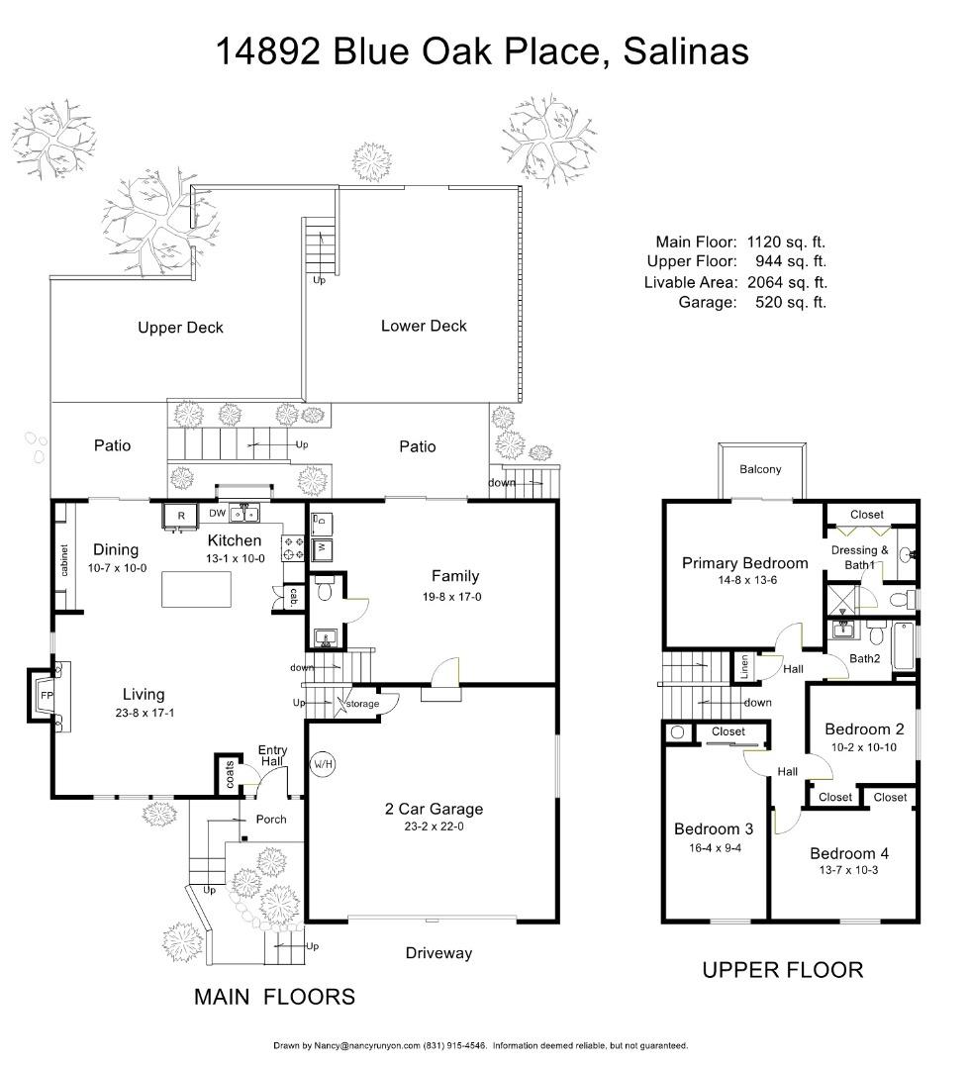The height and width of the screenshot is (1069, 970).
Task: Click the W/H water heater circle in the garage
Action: (323, 765)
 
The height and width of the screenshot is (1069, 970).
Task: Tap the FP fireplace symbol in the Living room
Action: (46, 695)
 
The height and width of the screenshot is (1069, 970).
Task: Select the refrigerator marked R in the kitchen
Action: (181, 515)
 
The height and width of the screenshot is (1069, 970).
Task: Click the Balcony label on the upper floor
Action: (760, 469)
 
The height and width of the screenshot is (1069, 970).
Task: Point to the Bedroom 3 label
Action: (714, 828)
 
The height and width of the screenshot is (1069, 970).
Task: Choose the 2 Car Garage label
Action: (434, 809)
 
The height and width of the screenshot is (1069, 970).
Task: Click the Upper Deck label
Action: (180, 328)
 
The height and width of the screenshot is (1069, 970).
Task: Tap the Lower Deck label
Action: (424, 326)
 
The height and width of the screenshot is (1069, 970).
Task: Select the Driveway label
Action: (438, 953)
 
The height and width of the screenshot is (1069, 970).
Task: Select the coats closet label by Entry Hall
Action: (230, 774)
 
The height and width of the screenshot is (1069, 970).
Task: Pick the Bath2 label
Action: (865, 658)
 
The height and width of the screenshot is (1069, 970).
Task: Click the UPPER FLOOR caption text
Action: (782, 970)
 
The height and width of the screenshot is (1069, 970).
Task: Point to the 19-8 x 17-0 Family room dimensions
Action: (454, 597)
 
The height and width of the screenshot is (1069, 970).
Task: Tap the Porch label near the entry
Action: (271, 819)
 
